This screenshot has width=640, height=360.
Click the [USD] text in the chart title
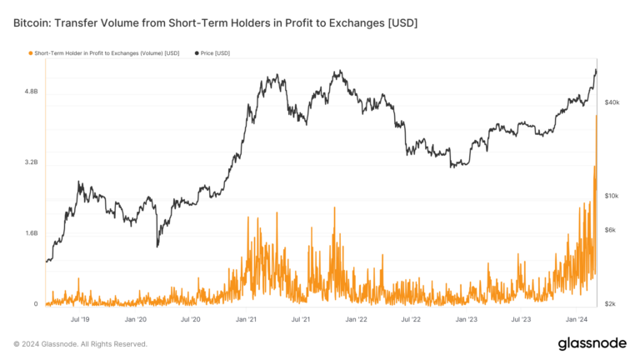coord(399,22)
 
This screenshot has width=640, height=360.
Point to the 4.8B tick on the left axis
coord(29,92)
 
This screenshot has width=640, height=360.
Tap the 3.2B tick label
coord(29,162)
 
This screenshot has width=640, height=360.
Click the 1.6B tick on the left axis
coord(29,233)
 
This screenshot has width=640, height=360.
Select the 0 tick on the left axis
coord(36,304)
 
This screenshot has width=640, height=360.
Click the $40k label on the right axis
coord(612,102)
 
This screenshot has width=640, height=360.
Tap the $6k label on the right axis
coord(611,230)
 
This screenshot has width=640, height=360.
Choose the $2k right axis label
coord(611,304)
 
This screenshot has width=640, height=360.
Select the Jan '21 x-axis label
coord(246,318)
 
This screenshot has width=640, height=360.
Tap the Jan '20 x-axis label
coord(136,318)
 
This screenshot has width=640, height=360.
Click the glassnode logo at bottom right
coord(592,343)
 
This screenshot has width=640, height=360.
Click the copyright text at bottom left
coord(80,343)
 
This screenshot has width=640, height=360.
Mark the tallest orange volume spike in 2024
coord(597,117)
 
